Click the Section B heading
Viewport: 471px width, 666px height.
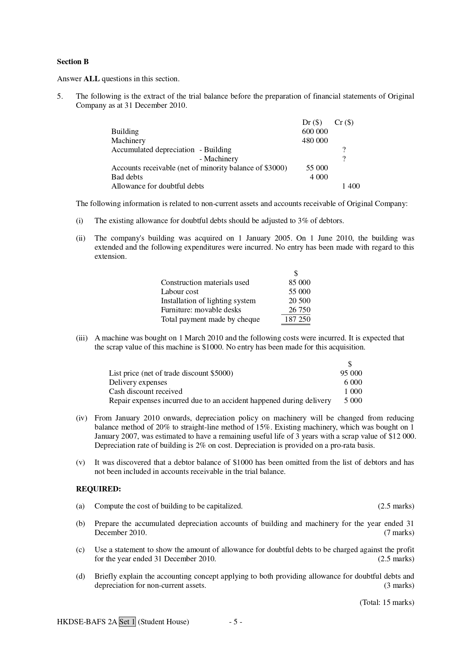click(73, 61)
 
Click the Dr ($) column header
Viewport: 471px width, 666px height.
click(312, 122)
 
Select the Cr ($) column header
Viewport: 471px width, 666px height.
click(344, 122)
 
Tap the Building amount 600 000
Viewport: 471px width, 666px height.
click(315, 131)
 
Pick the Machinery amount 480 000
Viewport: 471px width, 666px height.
click(315, 140)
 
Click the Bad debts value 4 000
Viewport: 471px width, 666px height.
click(319, 177)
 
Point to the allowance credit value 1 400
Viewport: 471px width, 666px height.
click(351, 186)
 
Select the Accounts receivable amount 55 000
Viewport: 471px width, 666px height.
click(317, 168)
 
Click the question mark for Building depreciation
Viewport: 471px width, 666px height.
click(344, 150)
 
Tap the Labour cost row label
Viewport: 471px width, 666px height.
click(180, 291)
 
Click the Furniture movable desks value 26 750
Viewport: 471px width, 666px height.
click(299, 310)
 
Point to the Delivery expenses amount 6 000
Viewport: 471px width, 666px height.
click(353, 382)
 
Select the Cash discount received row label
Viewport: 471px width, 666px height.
click(145, 391)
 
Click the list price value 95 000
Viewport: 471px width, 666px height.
click(351, 373)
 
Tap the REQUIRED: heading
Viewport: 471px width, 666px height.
click(98, 489)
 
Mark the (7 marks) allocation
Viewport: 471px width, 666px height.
click(399, 532)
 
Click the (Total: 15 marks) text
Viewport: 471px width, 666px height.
click(387, 602)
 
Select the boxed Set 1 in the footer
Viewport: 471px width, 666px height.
click(127, 622)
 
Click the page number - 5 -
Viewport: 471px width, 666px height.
click(235, 622)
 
